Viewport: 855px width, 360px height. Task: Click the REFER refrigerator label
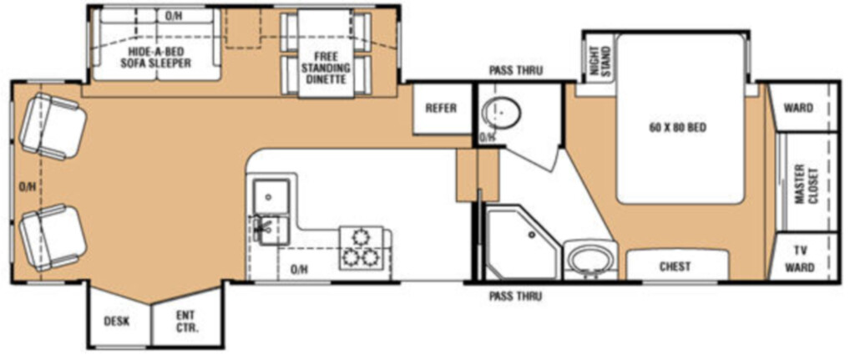coord(441,108)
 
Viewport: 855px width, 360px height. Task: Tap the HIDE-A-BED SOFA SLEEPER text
coord(156,58)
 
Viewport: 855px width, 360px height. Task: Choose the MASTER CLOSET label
coord(806,184)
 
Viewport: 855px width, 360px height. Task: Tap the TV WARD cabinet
coord(803,259)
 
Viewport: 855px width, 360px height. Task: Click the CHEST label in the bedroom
coord(675,266)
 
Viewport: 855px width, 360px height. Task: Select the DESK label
coord(117,322)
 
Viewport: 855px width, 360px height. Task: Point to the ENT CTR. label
coord(186,322)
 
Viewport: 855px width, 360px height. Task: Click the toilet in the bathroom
coord(501,113)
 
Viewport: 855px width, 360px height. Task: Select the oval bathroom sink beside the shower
coord(590,259)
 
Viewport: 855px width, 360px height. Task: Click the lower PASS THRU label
coord(514,297)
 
